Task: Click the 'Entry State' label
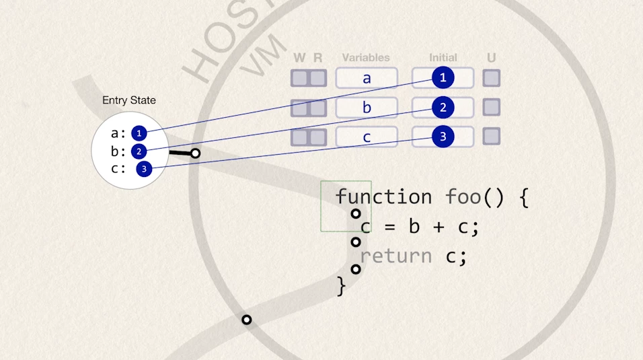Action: (128, 100)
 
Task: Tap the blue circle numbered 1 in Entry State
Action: (139, 133)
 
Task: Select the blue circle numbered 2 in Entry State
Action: (139, 151)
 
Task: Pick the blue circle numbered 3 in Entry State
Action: (144, 169)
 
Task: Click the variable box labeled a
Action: (367, 78)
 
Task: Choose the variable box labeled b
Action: (367, 108)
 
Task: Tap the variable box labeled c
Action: (367, 137)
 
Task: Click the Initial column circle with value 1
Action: (443, 78)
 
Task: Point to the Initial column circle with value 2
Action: (443, 107)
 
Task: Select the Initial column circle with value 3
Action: (443, 137)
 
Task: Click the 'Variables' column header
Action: (366, 58)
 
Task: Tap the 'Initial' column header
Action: (443, 58)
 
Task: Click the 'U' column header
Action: (492, 58)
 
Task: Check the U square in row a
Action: (492, 78)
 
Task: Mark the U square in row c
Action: (492, 137)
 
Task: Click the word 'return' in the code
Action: (395, 256)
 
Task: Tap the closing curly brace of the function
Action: (340, 287)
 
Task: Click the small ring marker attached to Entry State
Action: (195, 153)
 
